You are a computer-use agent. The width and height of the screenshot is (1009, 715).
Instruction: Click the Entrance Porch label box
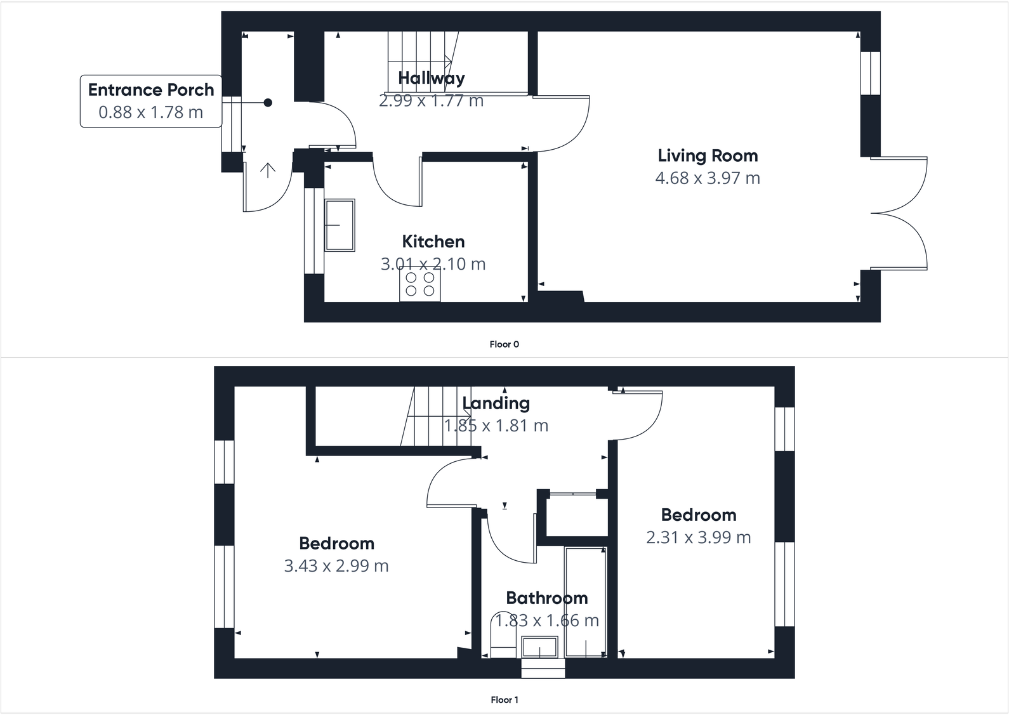(x=151, y=101)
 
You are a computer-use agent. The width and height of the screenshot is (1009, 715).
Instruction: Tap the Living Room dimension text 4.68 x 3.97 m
(x=707, y=178)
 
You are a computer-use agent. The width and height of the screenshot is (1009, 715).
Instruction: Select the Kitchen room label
(x=433, y=242)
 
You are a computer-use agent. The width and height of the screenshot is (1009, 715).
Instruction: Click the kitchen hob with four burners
(x=420, y=284)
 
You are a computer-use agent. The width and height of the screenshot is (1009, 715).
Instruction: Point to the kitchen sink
(x=340, y=225)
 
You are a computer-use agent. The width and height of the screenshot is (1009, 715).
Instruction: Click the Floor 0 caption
(x=504, y=344)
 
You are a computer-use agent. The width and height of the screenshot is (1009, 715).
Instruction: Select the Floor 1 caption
(x=504, y=700)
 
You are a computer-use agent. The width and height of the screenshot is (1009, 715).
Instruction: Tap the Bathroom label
(x=546, y=598)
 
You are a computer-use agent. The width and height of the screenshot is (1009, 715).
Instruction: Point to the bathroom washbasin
(x=539, y=648)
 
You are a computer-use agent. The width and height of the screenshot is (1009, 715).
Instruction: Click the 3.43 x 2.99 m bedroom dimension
(x=336, y=566)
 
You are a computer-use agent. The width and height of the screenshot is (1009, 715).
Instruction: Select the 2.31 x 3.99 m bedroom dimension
(x=698, y=538)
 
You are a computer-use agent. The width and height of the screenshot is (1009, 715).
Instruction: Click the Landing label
(x=496, y=403)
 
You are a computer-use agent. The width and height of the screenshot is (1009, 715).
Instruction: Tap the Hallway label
(x=431, y=78)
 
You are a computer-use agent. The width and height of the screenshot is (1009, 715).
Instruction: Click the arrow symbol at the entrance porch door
(x=268, y=170)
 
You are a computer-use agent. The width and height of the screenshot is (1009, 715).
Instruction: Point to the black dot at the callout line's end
(x=268, y=103)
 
